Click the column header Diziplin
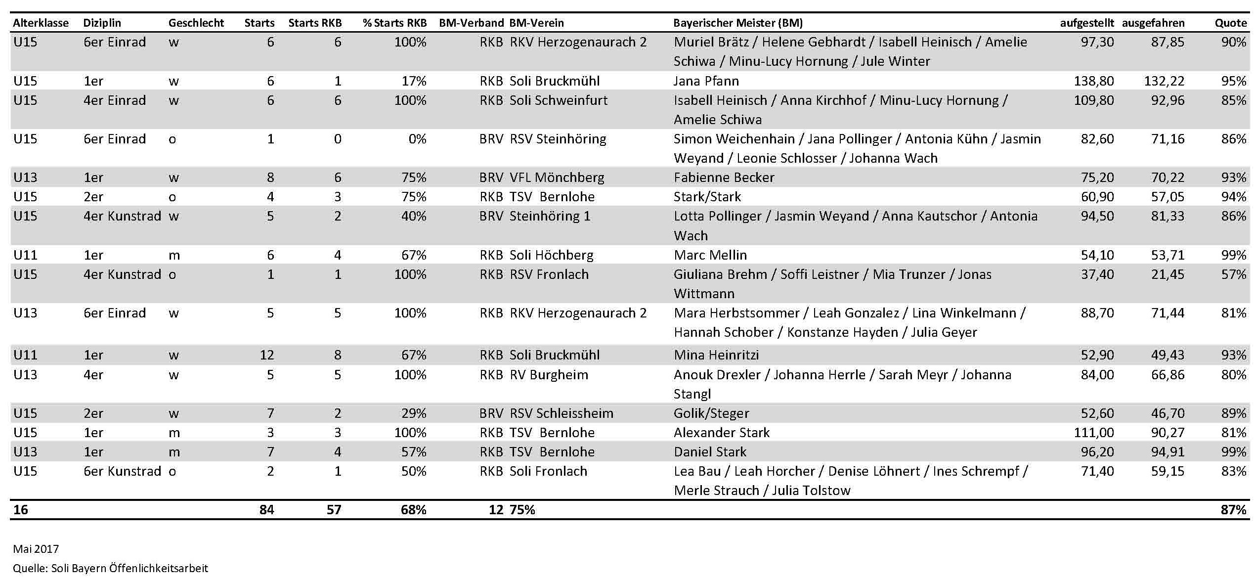(102, 23)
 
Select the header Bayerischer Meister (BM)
(737, 23)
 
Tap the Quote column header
(1230, 23)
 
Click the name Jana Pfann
(706, 81)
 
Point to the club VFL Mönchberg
(557, 177)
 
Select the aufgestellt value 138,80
(1093, 81)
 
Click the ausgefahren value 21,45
(1168, 274)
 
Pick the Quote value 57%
(1233, 274)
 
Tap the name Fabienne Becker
(724, 177)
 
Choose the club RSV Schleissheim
(561, 413)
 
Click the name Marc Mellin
(710, 255)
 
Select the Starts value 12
(266, 355)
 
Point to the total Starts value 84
(266, 509)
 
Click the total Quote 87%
(1233, 509)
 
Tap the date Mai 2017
(36, 549)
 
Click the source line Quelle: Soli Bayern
(110, 568)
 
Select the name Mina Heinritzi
(716, 355)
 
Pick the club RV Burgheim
(549, 374)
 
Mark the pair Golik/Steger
(711, 413)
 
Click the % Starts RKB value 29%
(414, 413)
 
